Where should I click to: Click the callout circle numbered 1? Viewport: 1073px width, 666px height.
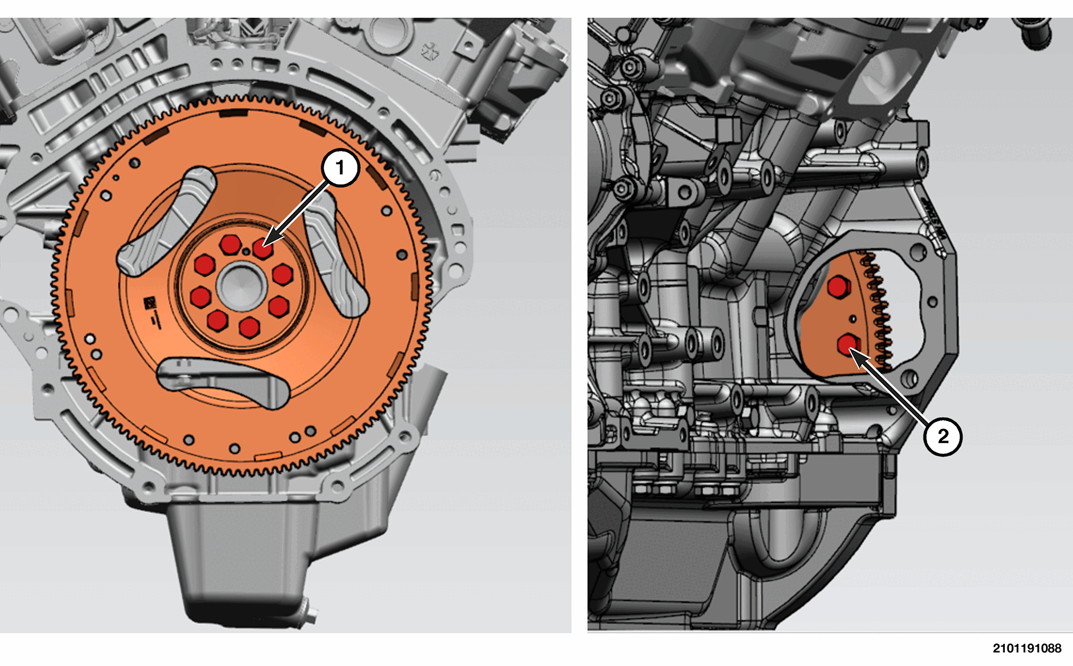pos(340,168)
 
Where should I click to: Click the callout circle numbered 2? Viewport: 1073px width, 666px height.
pos(943,436)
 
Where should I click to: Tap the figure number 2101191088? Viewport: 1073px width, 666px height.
pos(1027,648)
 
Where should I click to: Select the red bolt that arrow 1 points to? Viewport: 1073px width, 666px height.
pos(262,248)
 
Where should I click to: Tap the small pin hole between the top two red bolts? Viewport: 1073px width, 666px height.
pos(246,252)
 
